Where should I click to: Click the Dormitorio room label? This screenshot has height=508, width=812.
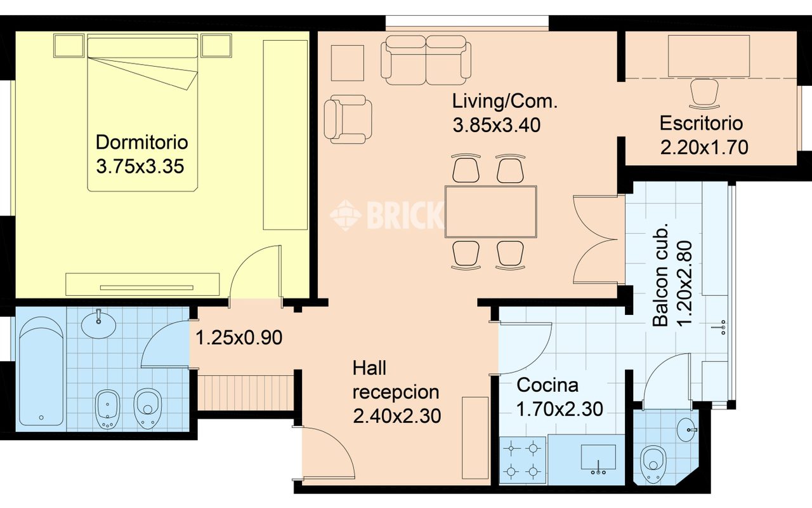point(141,142)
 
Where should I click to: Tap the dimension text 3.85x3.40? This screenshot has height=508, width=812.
point(496,125)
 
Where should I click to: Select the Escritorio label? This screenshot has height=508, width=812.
point(701,123)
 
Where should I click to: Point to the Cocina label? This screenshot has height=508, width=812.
point(547,385)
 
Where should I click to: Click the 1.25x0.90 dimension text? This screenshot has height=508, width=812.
point(239,338)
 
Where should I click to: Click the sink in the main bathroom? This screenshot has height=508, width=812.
point(98,324)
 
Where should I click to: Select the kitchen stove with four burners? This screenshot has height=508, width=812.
point(522,460)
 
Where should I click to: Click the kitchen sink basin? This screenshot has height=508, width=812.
point(598,458)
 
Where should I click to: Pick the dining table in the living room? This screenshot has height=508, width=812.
point(491,211)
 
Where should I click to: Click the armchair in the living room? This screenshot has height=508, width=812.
point(348,119)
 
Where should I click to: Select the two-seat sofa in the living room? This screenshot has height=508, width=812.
point(426,60)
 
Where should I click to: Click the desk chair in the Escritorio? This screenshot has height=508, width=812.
point(704,94)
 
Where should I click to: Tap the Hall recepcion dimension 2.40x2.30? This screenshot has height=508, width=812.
point(397,416)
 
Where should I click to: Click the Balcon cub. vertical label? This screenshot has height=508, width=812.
point(660,276)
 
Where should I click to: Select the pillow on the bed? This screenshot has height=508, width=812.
point(143,48)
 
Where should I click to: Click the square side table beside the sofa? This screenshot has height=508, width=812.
point(348,63)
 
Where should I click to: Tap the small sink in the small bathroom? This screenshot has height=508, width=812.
point(686,430)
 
